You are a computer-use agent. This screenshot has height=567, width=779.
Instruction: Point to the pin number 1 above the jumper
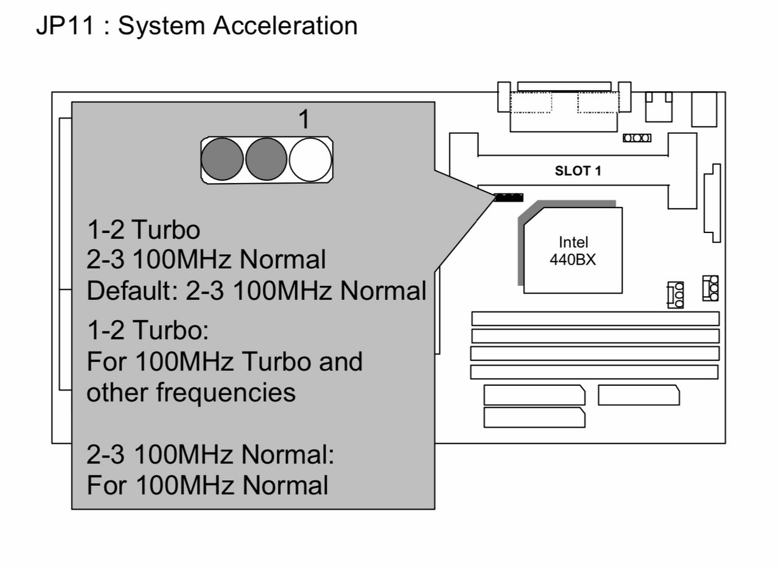click(304, 120)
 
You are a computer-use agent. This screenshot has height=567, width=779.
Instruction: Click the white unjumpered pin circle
click(310, 159)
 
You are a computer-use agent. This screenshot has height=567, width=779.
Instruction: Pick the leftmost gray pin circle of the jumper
click(222, 159)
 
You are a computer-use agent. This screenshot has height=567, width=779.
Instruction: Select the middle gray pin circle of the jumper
click(266, 159)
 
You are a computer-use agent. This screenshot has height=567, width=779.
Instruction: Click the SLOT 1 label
click(578, 172)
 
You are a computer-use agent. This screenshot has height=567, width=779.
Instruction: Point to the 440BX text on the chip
click(573, 260)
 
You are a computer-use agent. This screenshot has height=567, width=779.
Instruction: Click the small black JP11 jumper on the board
click(509, 198)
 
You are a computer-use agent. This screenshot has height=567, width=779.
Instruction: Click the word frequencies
click(226, 392)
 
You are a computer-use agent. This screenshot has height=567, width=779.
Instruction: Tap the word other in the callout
click(116, 392)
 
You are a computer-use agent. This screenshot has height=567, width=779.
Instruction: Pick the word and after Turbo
click(341, 361)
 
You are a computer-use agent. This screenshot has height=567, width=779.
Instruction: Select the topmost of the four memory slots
click(595, 318)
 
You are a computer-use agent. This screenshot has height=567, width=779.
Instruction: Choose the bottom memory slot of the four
click(594, 372)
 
